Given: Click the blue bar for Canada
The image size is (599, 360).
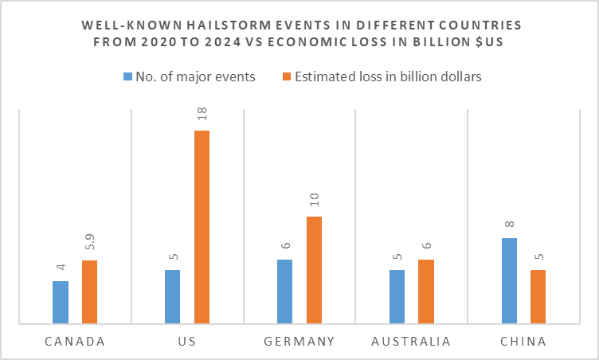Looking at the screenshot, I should point(61,303).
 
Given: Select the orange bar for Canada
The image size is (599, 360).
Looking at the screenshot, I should point(89,292).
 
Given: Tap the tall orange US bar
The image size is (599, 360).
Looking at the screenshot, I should point(202,227).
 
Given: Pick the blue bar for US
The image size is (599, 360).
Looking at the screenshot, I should point(173,297).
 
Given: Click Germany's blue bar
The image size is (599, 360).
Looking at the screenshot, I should point(284,292).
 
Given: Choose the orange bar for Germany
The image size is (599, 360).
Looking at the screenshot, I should point(314,270).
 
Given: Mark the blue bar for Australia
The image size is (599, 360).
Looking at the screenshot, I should point(397,297).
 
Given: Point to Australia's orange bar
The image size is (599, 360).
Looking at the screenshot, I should point(426,292).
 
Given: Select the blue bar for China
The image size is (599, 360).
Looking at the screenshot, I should point(509,281).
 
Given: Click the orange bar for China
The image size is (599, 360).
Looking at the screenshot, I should point(538,297).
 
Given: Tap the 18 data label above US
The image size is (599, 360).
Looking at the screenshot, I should point(202,116).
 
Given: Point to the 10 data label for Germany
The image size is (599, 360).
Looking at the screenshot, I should point(314,202).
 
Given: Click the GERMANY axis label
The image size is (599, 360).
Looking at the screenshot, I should point(299,342).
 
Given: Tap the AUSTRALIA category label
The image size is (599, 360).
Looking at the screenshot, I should point(411,342).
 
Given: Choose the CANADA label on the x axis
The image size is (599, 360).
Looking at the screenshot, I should point(75,342).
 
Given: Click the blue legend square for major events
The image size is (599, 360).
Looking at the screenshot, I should point(127,76).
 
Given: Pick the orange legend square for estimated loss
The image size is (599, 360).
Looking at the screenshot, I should point(288,76).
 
